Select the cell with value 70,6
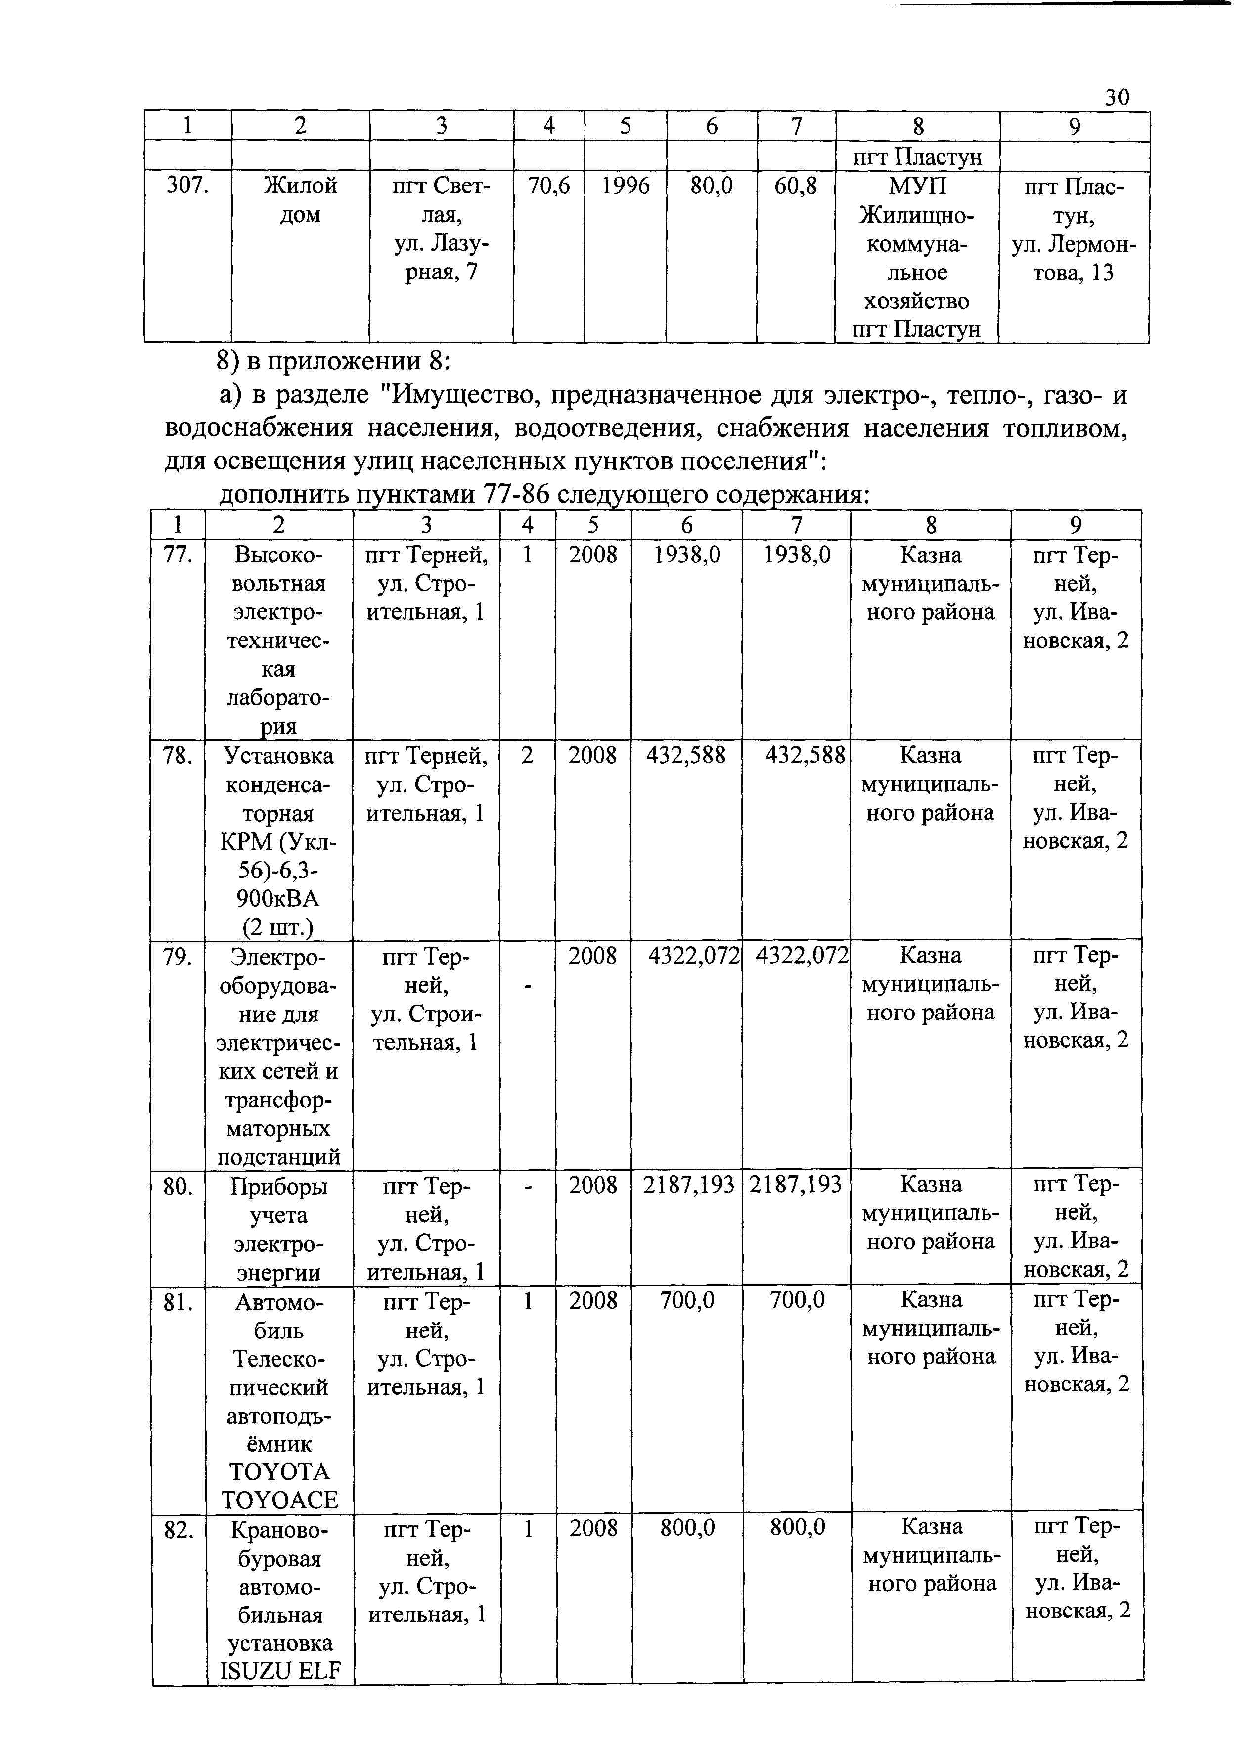click(548, 186)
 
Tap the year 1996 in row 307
click(625, 186)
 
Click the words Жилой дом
click(301, 200)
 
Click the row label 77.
click(178, 554)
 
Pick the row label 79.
click(178, 956)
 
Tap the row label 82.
click(179, 1529)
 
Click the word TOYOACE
click(279, 1499)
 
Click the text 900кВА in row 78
click(279, 898)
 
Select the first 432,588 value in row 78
click(686, 755)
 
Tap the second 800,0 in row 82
click(797, 1527)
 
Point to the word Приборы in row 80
click(279, 1187)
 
